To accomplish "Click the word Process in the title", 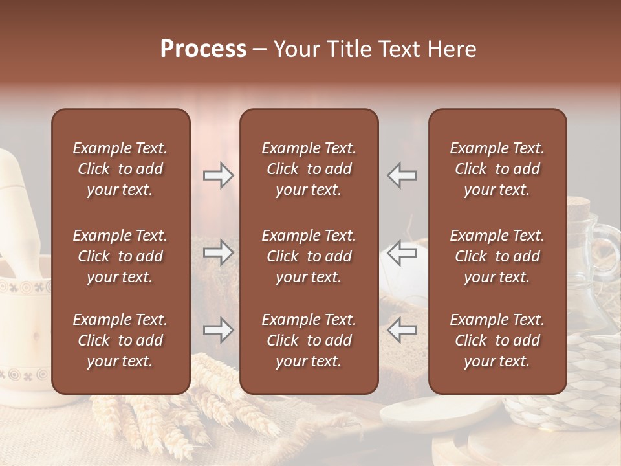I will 203,49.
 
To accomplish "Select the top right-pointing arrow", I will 219,175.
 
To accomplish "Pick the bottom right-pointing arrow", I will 219,331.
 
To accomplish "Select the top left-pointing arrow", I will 402,175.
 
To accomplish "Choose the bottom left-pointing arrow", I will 402,331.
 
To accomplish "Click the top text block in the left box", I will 120,169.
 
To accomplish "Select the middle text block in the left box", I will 120,256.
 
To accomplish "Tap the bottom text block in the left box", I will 120,340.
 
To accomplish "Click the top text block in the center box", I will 309,169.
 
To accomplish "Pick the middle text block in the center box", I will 309,256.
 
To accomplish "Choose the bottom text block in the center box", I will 309,340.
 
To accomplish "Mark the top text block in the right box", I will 497,169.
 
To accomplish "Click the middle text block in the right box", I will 497,256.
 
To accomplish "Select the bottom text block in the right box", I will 497,340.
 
